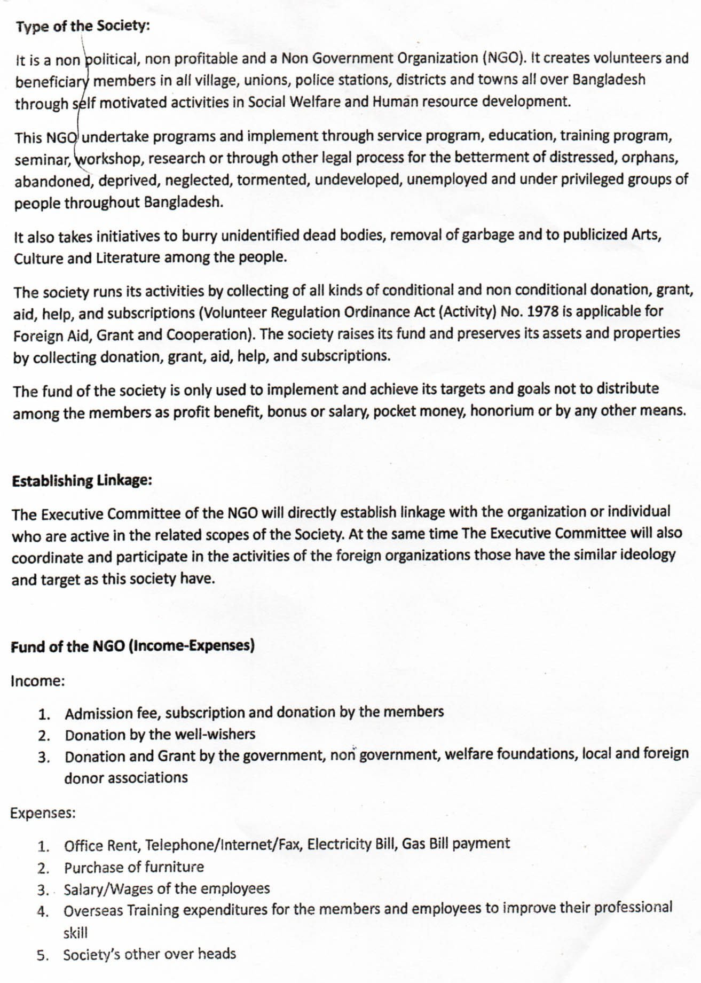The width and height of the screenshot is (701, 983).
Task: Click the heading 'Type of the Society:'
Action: [x=83, y=26]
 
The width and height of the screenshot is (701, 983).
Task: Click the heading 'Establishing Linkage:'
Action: [x=82, y=480]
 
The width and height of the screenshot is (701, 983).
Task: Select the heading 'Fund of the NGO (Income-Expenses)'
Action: [x=132, y=646]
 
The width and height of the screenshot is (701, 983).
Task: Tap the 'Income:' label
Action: [x=37, y=681]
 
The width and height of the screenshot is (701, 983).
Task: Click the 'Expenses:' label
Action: [x=43, y=813]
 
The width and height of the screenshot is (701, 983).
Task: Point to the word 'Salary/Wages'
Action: [x=107, y=889]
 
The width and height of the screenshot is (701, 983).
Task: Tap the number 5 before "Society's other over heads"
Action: [x=42, y=955]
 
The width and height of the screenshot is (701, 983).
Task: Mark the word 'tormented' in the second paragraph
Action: [x=273, y=180]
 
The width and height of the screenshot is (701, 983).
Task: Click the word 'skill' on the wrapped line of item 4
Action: [x=75, y=933]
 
